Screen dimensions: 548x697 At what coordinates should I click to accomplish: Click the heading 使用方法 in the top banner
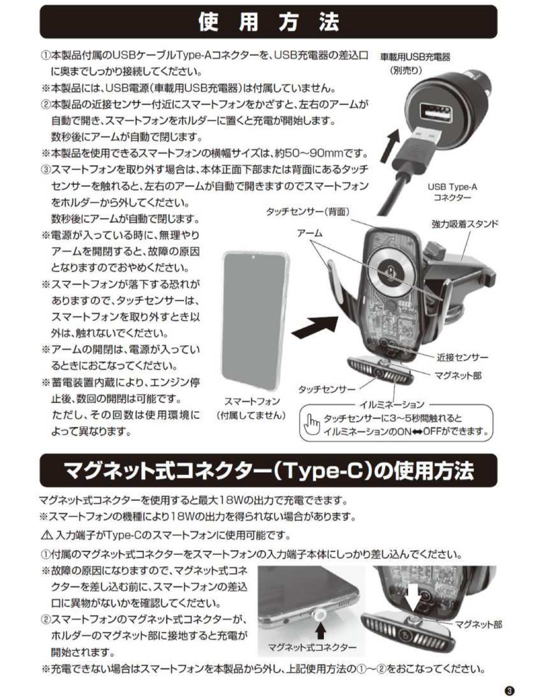269,22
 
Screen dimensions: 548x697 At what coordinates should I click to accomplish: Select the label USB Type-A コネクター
453,192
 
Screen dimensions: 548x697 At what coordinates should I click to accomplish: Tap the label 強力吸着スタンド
465,224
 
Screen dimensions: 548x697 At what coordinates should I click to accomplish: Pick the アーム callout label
310,233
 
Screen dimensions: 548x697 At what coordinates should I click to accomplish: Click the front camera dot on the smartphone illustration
253,257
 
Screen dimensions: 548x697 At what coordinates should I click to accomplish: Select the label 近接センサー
462,357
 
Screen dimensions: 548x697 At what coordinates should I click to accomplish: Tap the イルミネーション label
392,404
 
